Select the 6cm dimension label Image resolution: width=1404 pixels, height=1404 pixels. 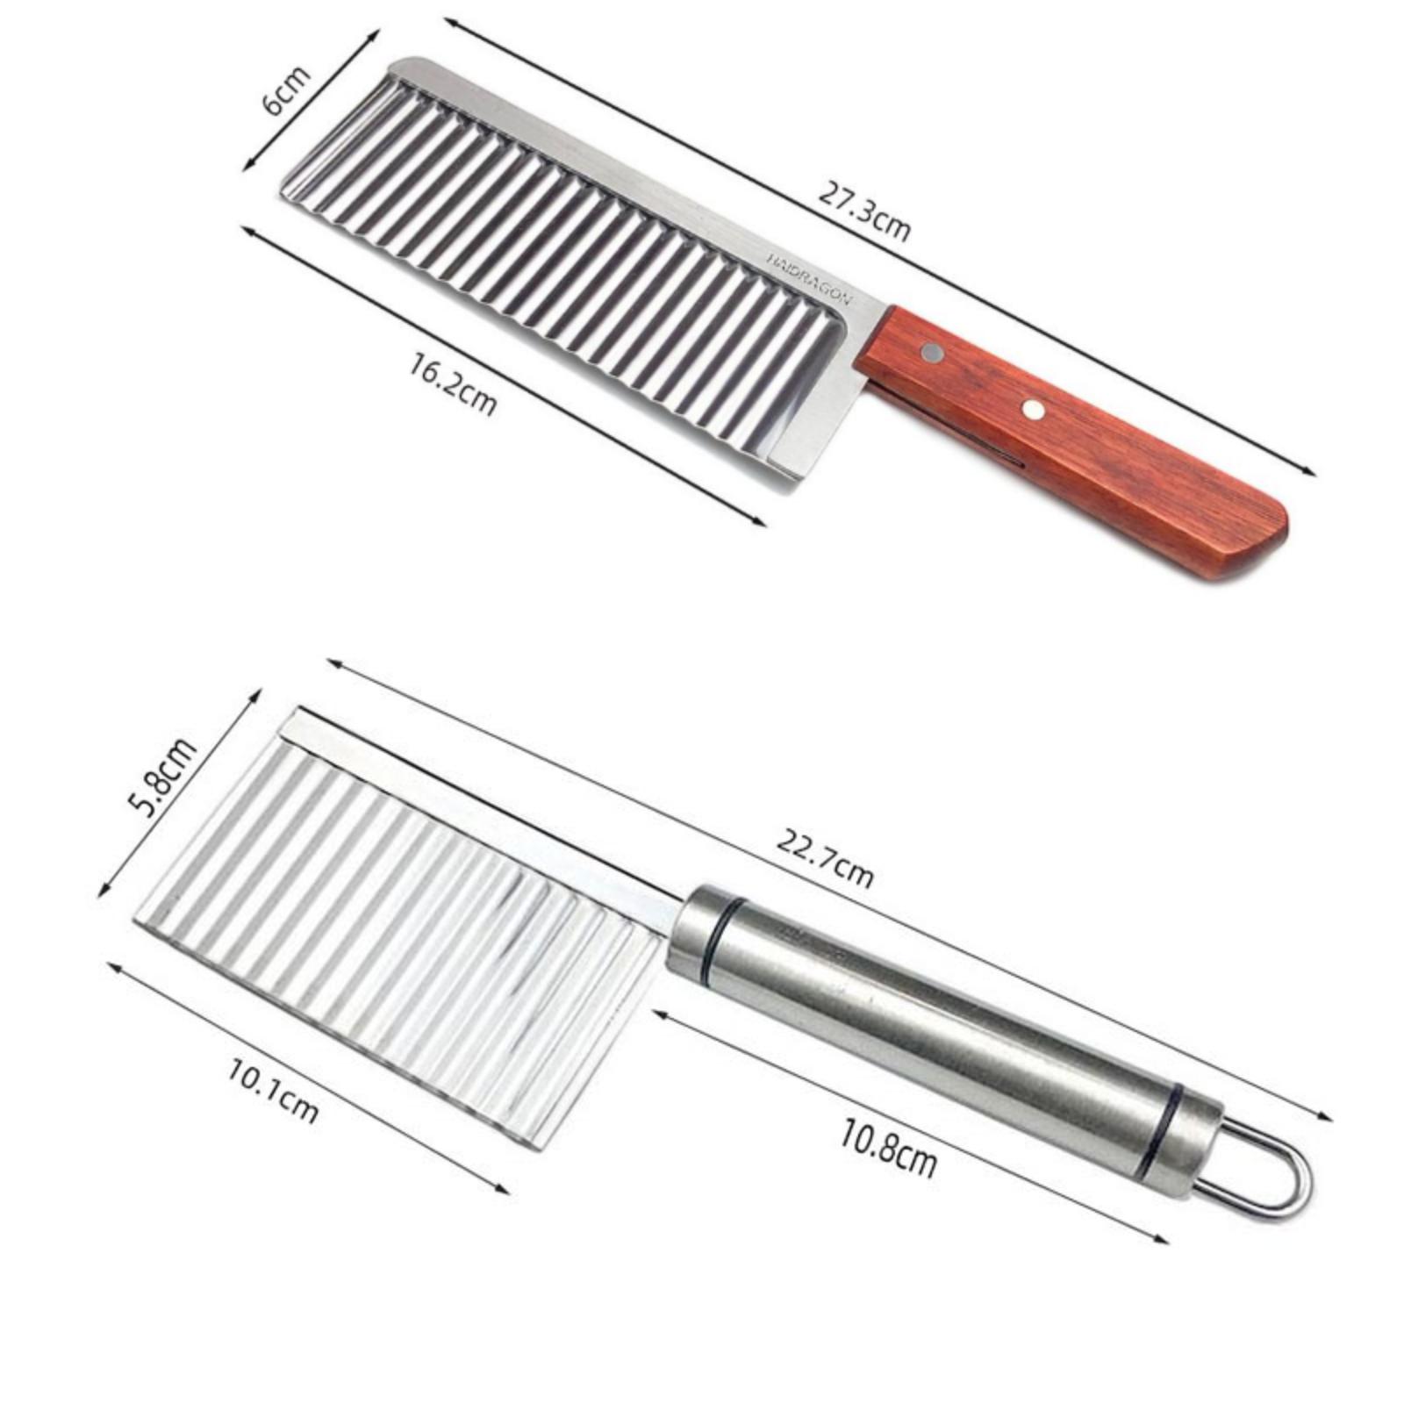pyautogui.click(x=286, y=90)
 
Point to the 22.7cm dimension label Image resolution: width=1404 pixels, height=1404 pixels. pyautogui.click(x=825, y=858)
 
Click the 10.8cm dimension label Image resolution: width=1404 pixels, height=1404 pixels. pyautogui.click(x=888, y=1149)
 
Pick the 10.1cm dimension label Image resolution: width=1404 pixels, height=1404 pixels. pyautogui.click(x=273, y=1091)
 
